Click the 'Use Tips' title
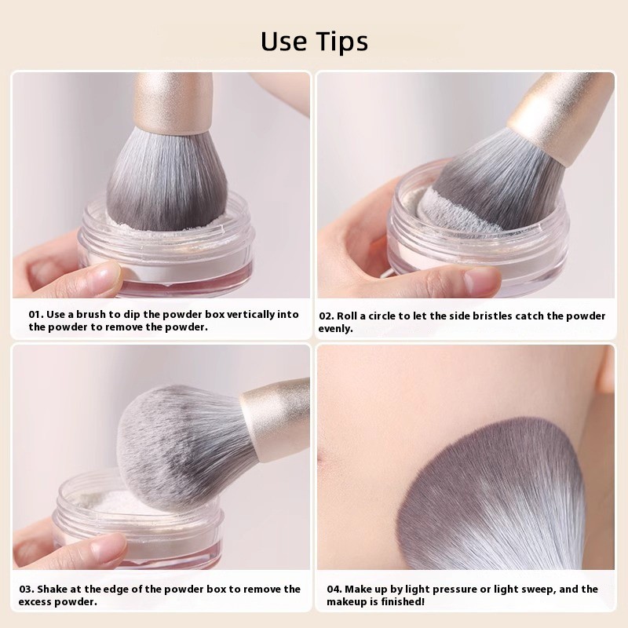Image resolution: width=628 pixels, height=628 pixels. [x=314, y=40]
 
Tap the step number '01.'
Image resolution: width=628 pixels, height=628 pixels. [x=36, y=314]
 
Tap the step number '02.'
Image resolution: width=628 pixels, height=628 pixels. [x=327, y=316]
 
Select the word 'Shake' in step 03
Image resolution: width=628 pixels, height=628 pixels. [x=57, y=589]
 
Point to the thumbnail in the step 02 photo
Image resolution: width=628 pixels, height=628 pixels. [x=480, y=280]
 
